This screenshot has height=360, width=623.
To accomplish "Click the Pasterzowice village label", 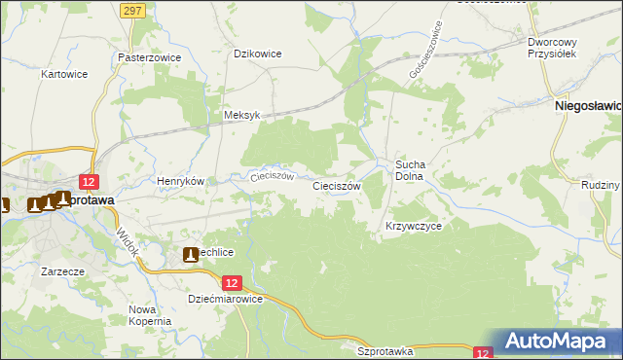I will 150,57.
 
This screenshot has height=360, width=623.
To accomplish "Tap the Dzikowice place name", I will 258,54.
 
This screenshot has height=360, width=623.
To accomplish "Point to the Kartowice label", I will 65,74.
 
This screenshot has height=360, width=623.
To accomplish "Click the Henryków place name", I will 180,181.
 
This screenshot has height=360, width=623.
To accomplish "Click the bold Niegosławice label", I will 588,104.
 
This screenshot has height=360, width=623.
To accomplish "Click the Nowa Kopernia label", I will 149,315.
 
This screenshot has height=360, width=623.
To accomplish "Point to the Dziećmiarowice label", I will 225,300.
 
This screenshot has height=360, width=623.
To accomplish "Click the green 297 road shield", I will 134,9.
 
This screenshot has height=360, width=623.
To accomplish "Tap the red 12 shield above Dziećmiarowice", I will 231,282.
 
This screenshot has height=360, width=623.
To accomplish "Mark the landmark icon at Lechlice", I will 191,255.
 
